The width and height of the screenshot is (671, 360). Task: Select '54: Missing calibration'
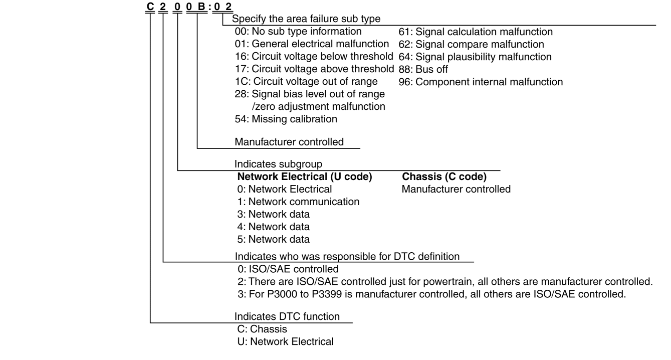coord(286,119)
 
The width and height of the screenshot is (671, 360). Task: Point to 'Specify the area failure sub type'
coord(306,20)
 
